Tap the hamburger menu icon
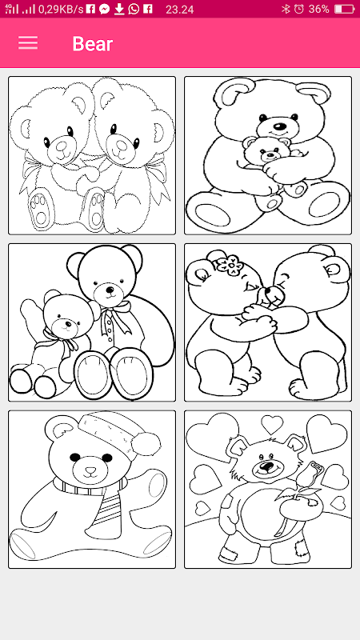tap(28, 43)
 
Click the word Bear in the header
tap(93, 44)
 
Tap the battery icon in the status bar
tap(344, 9)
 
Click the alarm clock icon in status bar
tap(299, 9)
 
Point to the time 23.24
tap(179, 10)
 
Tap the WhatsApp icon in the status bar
tap(134, 9)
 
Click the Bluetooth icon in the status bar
tap(286, 9)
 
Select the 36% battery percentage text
tap(318, 9)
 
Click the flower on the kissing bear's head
tap(230, 265)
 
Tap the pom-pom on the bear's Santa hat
tap(146, 444)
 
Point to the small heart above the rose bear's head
tap(272, 425)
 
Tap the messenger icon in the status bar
tap(105, 9)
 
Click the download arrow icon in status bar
tap(118, 9)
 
